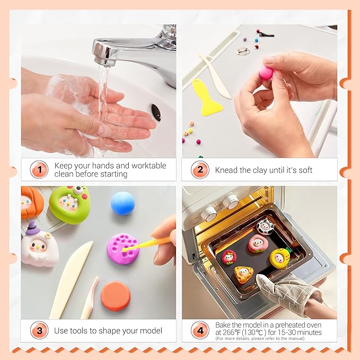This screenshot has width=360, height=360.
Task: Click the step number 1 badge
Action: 39,170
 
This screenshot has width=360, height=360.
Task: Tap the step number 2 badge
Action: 200,170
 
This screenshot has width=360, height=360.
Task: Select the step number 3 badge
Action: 39,330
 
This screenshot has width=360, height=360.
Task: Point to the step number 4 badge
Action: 200,330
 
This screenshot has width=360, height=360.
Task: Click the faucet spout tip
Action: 104,63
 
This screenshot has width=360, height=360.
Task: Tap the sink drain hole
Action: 156,112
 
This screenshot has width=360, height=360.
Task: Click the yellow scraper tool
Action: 206,98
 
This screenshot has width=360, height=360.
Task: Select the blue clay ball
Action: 123,204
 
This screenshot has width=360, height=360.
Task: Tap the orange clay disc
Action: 116,296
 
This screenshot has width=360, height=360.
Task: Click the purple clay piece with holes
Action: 123,249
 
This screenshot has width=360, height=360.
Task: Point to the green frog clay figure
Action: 69,204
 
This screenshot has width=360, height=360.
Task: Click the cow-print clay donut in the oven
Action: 265,227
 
